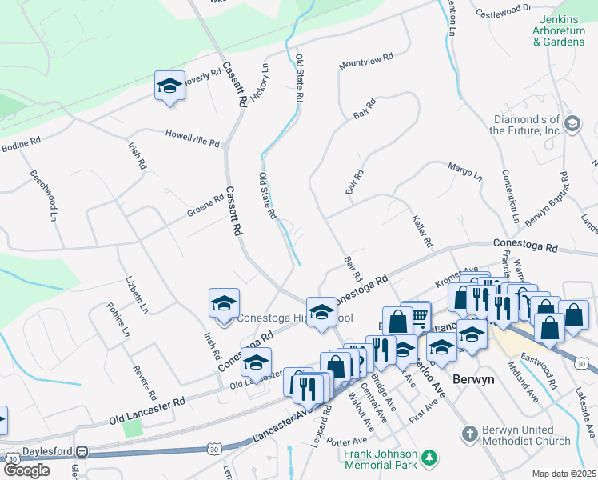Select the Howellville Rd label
tap(192, 138)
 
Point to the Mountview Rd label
tap(366, 61)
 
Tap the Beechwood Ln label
tap(45, 194)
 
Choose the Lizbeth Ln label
tap(137, 294)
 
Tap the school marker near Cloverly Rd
tap(169, 86)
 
